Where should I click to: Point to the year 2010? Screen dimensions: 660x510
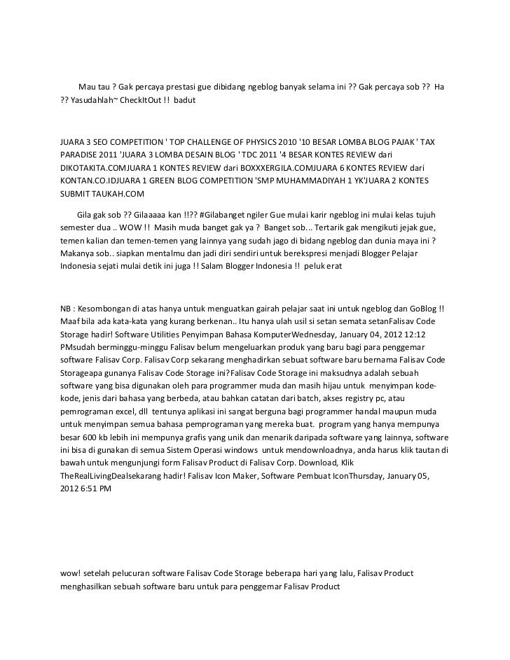[309, 142]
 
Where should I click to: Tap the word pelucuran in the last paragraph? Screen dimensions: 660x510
[132, 573]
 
